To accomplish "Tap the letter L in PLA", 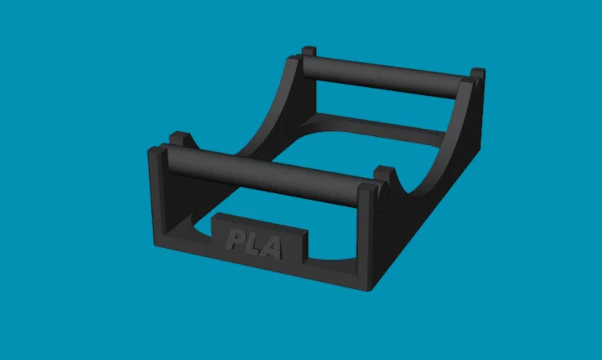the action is tap(254, 244).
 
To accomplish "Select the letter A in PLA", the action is tap(273, 248).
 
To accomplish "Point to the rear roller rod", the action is tap(384, 77).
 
